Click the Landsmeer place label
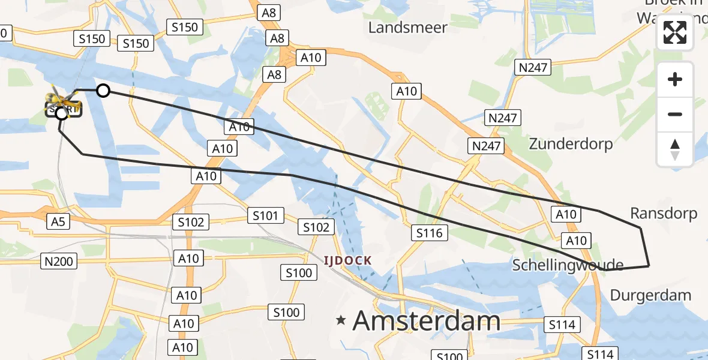point(407,28)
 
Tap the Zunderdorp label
point(570,144)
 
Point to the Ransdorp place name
point(664,214)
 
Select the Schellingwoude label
point(568,265)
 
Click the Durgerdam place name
point(650,295)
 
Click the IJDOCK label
point(348,260)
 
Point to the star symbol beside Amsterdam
point(341,320)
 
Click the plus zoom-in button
point(675,79)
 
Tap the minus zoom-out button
point(675,114)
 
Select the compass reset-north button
point(675,149)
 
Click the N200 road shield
point(58,261)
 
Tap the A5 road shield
point(58,221)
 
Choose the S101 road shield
point(265,215)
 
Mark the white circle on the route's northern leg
point(103,91)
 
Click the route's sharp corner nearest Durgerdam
point(649,265)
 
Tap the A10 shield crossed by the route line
point(239,127)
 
